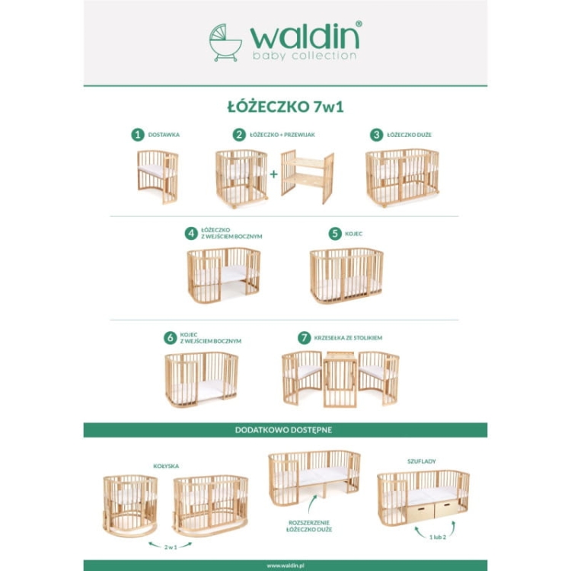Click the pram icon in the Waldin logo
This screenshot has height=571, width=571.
225,43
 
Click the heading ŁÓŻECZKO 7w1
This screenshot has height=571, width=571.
285,107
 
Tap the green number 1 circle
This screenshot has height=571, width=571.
138,135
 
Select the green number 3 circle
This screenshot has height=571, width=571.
377,135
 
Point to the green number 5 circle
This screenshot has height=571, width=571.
335,234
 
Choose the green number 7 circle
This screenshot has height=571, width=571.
305,338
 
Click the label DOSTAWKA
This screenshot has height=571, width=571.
164,135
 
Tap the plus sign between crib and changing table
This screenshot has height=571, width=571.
273,174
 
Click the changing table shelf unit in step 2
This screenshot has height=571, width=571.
308,177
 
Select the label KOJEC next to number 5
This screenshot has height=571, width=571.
353,234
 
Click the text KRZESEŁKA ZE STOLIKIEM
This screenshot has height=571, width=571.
348,338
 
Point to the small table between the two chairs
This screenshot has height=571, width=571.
340,379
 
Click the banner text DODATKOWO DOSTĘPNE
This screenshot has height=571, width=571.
284,430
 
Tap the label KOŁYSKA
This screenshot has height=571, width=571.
166,466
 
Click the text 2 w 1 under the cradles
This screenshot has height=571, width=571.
171,547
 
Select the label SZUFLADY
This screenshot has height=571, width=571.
422,461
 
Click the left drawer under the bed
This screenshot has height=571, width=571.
420,510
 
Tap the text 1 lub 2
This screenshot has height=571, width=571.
438,538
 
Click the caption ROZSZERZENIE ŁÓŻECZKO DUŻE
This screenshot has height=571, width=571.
309,526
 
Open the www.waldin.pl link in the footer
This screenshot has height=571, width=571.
285,566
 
